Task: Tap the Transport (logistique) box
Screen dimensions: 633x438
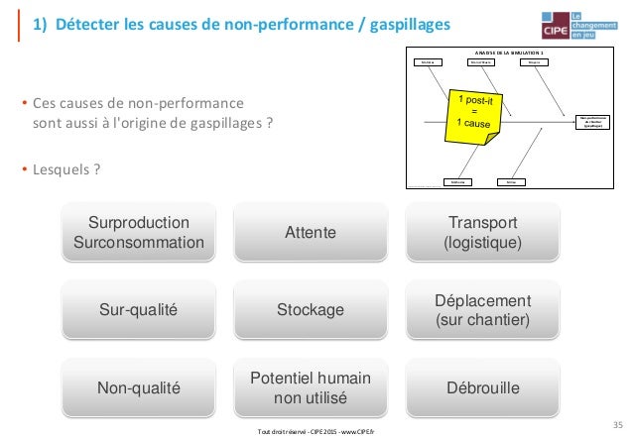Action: point(482,232)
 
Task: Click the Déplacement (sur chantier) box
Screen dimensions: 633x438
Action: point(482,310)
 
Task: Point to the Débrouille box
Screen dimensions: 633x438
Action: point(482,388)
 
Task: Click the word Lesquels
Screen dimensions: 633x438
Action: point(63,167)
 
